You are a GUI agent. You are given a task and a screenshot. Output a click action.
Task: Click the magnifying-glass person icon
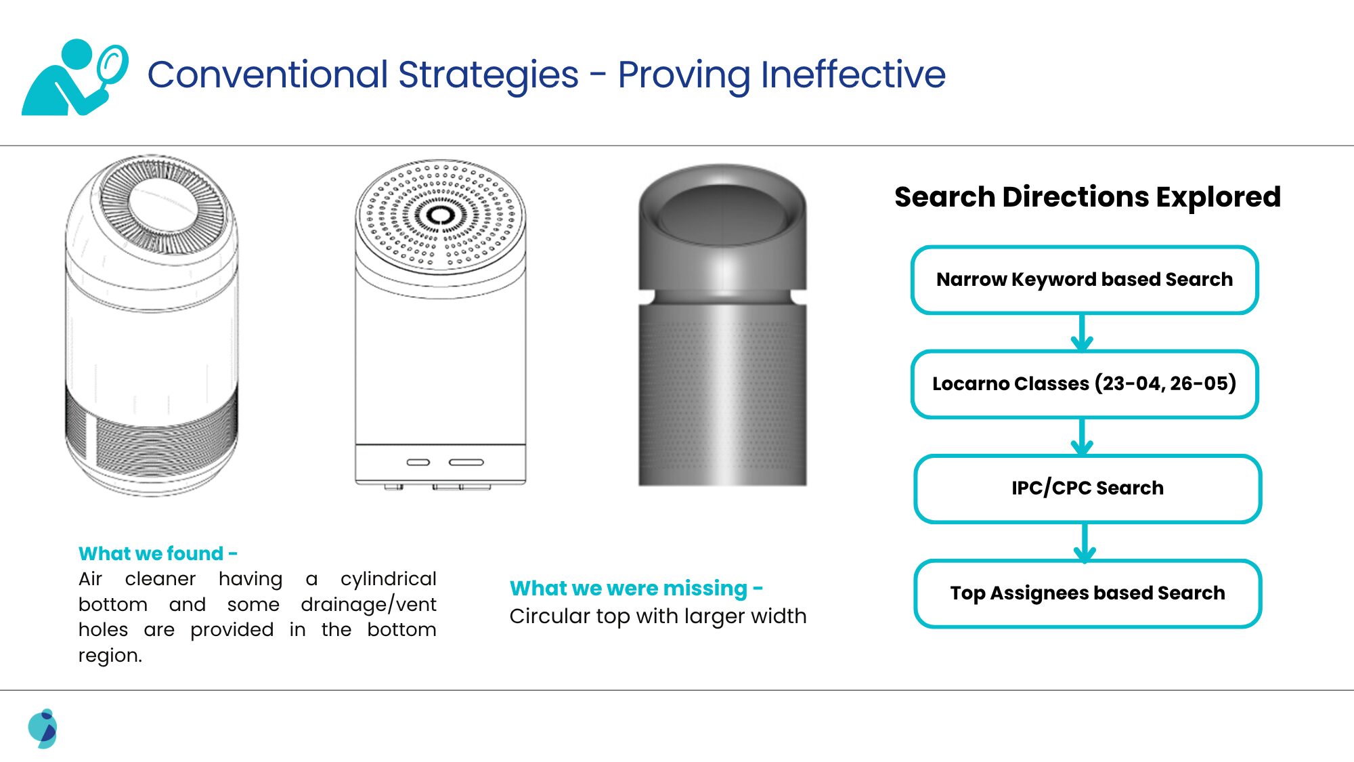tap(74, 77)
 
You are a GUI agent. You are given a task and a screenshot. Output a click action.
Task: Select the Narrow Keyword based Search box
tap(1085, 280)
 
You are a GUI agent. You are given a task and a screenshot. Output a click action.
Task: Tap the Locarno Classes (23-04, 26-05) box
tap(1085, 384)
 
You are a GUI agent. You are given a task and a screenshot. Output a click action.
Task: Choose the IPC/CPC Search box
tap(1087, 488)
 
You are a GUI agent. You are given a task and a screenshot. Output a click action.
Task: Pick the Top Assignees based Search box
tap(1087, 593)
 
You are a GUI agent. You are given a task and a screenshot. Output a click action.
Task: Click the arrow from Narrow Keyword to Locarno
tap(1082, 332)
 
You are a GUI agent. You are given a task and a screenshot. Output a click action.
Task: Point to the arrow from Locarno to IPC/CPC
tap(1082, 437)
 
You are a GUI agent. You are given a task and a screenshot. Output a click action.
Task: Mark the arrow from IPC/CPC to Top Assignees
tap(1085, 542)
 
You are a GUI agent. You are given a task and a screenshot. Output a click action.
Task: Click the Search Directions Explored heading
tap(1087, 197)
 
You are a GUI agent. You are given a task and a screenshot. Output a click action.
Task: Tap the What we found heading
tap(158, 553)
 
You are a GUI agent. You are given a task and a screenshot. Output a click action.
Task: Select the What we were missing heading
tap(636, 588)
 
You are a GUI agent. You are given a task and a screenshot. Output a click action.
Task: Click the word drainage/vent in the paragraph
tap(368, 604)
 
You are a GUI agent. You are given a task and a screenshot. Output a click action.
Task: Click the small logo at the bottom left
tap(43, 729)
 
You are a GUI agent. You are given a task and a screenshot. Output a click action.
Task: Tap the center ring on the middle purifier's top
tap(441, 215)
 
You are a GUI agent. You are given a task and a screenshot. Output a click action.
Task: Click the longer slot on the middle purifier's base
tap(466, 463)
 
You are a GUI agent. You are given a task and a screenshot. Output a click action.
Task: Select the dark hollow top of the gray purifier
tap(722, 215)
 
